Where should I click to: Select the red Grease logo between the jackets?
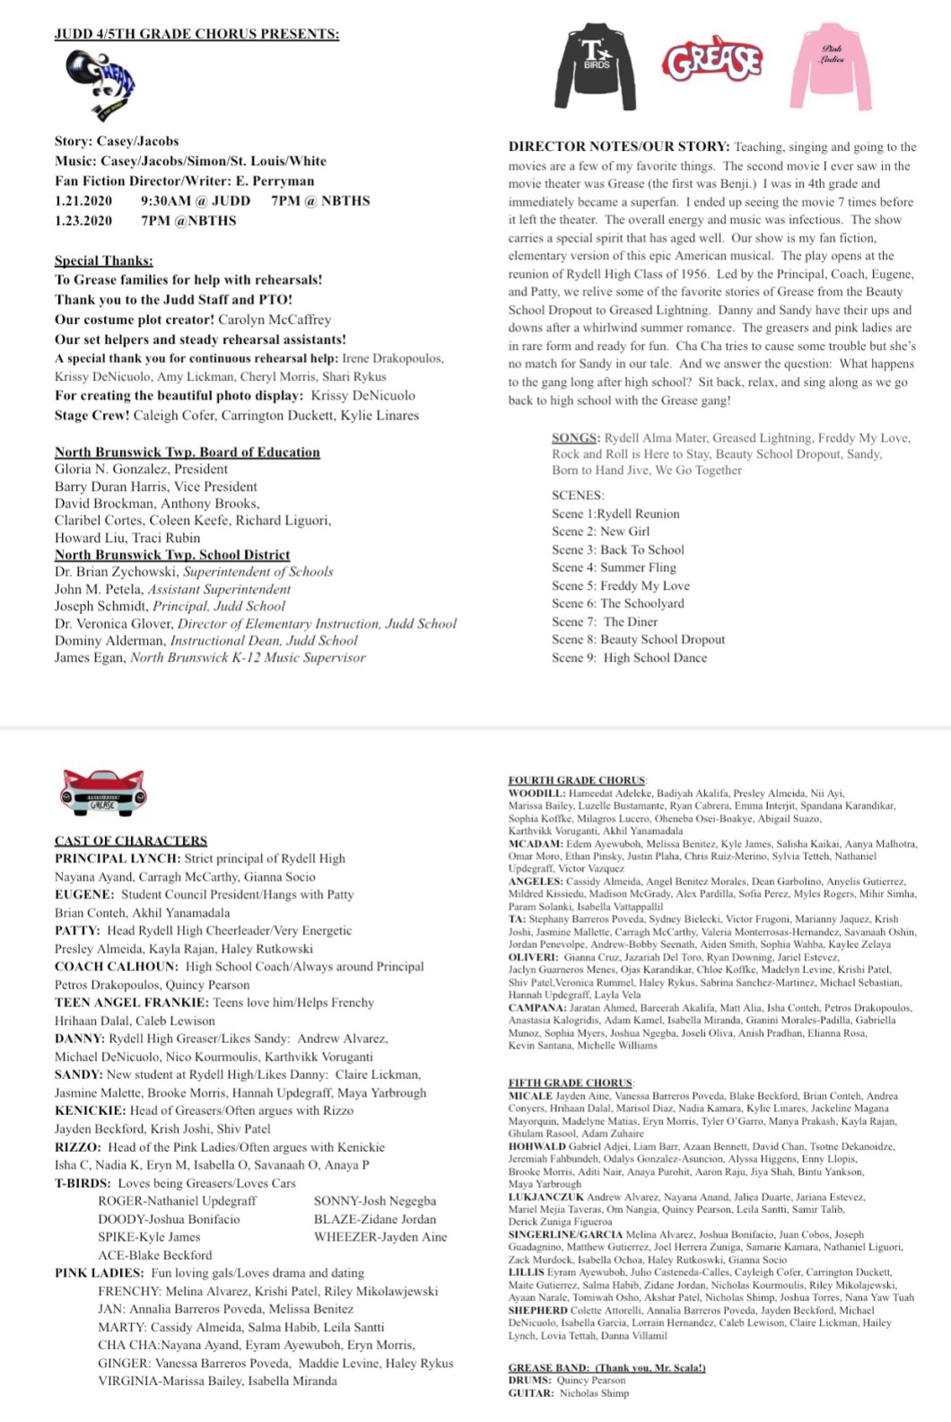712,62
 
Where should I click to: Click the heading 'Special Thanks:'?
103,261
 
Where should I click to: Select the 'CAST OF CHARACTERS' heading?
131,841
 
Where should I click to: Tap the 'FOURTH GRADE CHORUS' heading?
577,781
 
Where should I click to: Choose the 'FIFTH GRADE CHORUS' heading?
571,1083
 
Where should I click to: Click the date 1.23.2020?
83,221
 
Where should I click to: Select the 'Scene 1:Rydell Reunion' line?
615,513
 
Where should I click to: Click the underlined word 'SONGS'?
574,438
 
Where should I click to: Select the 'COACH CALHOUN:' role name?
117,967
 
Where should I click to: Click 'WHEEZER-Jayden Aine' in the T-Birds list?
380,1237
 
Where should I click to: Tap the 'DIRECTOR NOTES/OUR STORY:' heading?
618,147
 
